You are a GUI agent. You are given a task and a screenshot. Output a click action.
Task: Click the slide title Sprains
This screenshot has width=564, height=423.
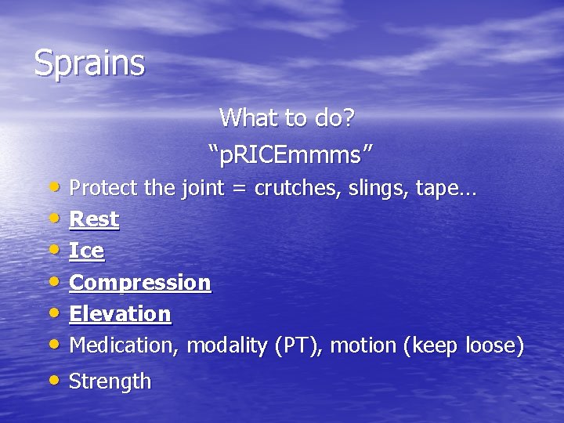point(89,63)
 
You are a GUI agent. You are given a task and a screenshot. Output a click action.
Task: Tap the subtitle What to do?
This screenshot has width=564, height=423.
point(287,118)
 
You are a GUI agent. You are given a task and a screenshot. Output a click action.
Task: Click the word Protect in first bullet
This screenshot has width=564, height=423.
point(98,188)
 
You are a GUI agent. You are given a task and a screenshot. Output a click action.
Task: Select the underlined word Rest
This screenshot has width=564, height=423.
point(94,219)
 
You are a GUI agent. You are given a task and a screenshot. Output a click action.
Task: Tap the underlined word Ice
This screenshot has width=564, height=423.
point(86,251)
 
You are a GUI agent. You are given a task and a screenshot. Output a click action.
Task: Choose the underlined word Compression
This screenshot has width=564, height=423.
point(140,282)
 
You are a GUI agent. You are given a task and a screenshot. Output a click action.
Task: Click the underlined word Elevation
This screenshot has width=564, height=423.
point(120,313)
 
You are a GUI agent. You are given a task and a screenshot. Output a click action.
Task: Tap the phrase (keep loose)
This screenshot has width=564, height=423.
point(463,345)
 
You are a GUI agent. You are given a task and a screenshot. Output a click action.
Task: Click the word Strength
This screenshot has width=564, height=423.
point(110,381)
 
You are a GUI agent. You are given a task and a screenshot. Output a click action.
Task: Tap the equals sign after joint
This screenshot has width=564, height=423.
point(240,189)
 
